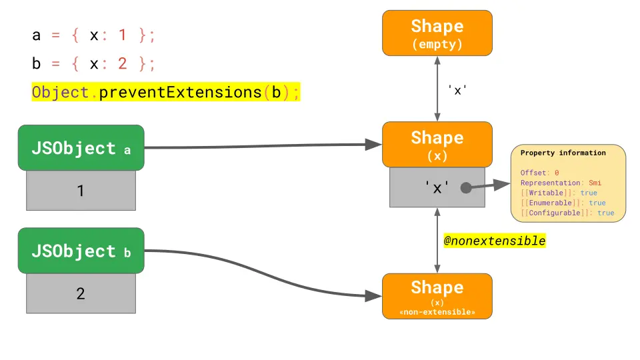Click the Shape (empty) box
(437, 33)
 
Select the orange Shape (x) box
(437, 144)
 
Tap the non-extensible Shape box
(437, 296)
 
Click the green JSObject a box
(81, 148)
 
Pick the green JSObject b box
(81, 251)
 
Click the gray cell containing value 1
(81, 191)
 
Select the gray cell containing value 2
(81, 293)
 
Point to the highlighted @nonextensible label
(495, 241)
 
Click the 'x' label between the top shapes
(457, 90)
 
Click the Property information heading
(563, 153)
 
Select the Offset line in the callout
(539, 173)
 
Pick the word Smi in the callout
(595, 183)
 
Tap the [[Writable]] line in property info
(559, 193)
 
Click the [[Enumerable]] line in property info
(563, 203)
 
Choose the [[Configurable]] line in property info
(567, 213)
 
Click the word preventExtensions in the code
(180, 92)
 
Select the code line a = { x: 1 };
(93, 35)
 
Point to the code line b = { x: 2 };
(93, 64)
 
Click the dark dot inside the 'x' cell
(466, 188)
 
